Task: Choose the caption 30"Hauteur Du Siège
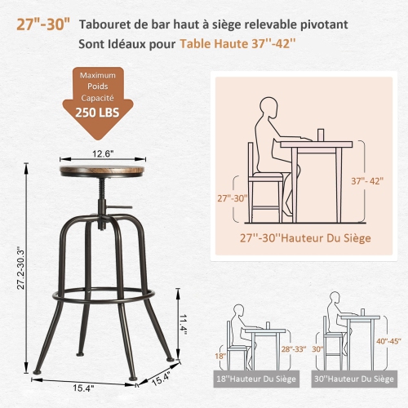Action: coord(357,379)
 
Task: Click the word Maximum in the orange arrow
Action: coord(95,76)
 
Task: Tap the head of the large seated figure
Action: coord(266,107)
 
